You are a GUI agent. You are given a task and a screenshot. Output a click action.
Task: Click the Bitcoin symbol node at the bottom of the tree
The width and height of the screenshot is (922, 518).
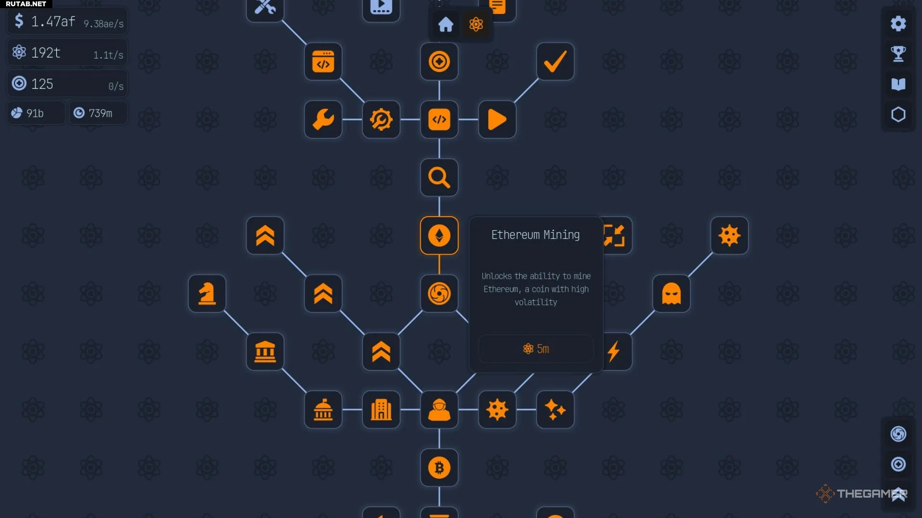[439, 468]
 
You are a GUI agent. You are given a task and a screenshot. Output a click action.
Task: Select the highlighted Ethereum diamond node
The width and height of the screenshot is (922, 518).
[439, 235]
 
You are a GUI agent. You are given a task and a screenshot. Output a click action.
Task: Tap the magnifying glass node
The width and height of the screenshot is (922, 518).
[439, 177]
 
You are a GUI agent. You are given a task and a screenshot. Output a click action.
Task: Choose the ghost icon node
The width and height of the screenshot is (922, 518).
[671, 294]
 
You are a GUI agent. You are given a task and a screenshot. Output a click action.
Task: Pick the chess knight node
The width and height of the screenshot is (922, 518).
[207, 294]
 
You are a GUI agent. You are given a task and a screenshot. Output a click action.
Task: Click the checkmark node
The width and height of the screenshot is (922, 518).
[555, 62]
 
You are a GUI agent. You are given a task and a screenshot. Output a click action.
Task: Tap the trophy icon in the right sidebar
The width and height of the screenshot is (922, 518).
[898, 54]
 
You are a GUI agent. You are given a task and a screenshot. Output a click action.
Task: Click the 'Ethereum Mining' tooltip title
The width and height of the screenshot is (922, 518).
[536, 235]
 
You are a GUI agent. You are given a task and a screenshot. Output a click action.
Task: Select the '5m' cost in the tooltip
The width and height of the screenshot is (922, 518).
[543, 349]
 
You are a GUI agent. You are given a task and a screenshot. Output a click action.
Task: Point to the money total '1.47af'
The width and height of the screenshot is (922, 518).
[53, 22]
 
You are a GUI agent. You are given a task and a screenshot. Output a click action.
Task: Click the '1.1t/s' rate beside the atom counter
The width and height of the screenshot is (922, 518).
[108, 55]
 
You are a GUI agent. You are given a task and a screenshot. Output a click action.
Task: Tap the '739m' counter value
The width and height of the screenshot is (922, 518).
[100, 113]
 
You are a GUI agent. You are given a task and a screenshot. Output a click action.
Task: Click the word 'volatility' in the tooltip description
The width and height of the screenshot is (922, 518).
[536, 302]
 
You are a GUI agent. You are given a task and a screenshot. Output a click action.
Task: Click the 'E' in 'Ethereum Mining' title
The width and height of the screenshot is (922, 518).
[494, 235]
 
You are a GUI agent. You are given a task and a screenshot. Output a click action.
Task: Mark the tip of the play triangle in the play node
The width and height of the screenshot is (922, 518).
[506, 120]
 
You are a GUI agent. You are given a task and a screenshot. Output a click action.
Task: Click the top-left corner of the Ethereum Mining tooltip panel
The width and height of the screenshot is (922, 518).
[469, 217]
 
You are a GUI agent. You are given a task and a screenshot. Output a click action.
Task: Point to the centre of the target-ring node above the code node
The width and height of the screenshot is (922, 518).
[439, 62]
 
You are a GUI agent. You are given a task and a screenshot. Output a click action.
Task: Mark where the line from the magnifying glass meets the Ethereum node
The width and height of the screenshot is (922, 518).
[439, 217]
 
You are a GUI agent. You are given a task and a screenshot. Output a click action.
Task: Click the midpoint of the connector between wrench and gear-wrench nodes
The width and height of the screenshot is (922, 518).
[352, 120]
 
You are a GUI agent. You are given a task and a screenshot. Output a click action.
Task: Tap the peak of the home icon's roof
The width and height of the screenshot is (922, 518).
[446, 17]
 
